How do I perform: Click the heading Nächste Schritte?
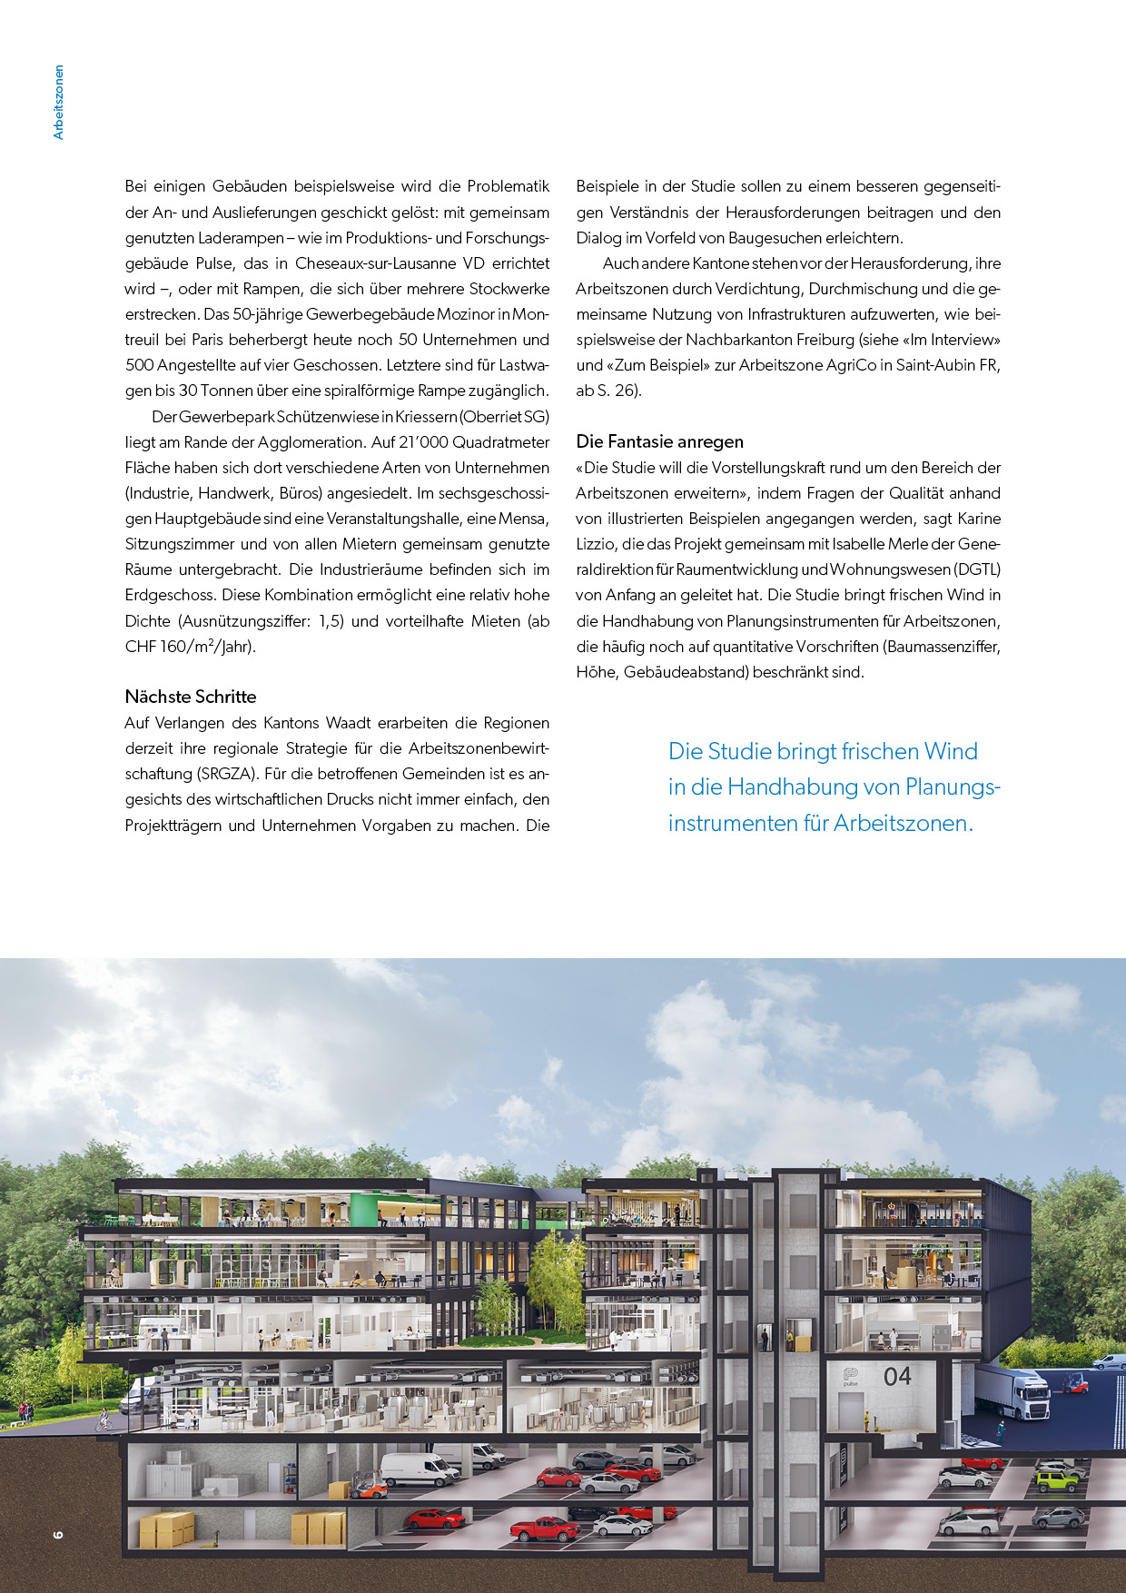191,697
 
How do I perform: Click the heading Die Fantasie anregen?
659,441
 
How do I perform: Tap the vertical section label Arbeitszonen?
59,102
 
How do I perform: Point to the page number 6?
59,1534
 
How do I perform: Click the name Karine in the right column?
979,519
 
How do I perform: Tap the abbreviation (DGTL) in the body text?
977,569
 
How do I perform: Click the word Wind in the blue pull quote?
951,751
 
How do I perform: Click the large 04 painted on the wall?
897,1377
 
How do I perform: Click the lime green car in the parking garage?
1056,1481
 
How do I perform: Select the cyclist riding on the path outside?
104,1419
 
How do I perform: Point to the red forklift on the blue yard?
1074,1382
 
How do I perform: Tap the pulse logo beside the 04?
851,1376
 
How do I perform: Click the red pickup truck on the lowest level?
543,1529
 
